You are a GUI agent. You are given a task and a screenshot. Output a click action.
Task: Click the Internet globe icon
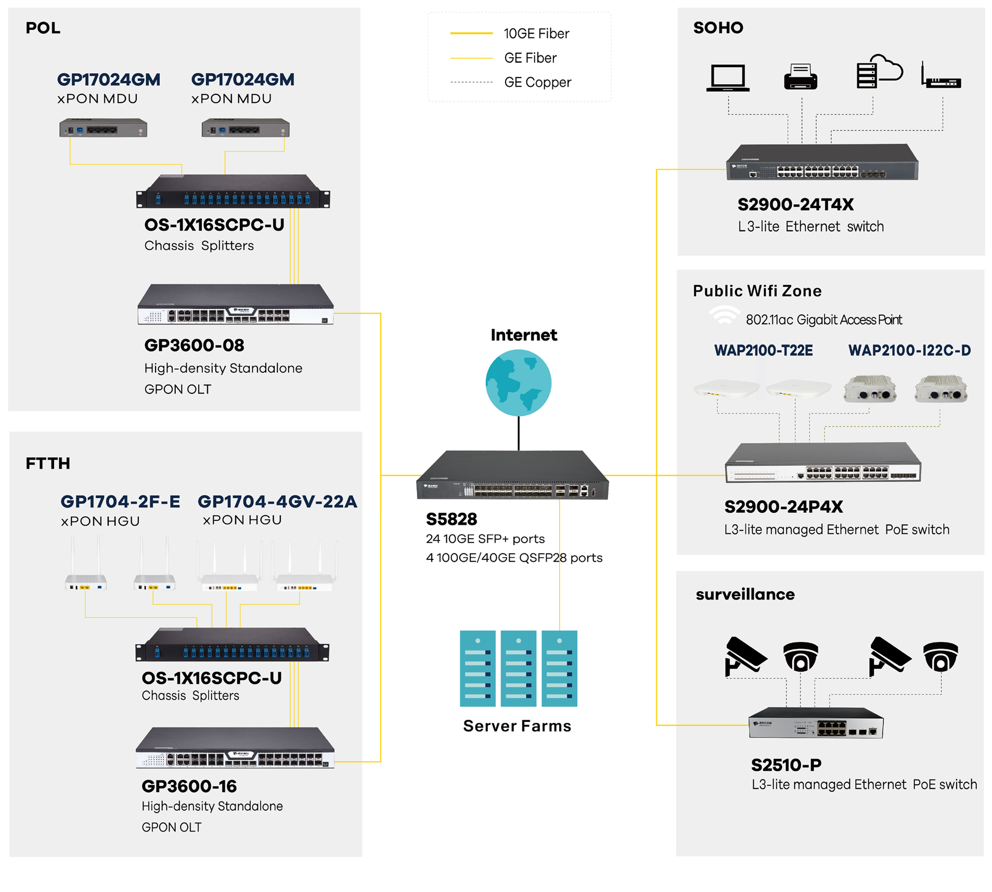coord(518,383)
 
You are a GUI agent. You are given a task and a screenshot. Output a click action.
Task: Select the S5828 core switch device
coord(512,475)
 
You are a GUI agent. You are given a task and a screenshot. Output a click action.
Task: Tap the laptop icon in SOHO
coord(727,78)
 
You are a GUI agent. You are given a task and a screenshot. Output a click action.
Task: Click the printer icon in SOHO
coord(800,77)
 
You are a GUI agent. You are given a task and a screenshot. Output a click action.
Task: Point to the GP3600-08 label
coord(194,345)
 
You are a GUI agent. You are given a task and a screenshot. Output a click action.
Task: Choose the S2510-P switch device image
coord(815,722)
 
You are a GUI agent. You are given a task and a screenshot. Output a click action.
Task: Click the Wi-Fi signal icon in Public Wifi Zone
coord(724,315)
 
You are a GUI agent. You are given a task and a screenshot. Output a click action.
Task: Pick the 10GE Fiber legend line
coord(471,33)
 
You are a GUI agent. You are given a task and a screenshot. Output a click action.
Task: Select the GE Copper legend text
coord(537,82)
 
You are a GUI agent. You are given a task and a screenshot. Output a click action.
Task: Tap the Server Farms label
coord(517,725)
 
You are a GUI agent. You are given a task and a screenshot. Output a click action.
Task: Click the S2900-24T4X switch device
coord(822,162)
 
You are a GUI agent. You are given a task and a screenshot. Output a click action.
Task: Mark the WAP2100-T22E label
coord(763,350)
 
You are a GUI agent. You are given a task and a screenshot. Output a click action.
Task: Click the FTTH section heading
coord(48,463)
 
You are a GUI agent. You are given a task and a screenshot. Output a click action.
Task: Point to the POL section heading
coord(43,28)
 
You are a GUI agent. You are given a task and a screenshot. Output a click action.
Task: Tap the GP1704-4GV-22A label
coord(277,501)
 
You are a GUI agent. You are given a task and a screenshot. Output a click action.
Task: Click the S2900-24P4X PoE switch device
coord(823,462)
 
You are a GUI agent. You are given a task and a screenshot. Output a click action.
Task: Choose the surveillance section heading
coord(745,594)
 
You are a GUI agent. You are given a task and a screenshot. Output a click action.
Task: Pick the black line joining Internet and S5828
coord(519,433)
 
